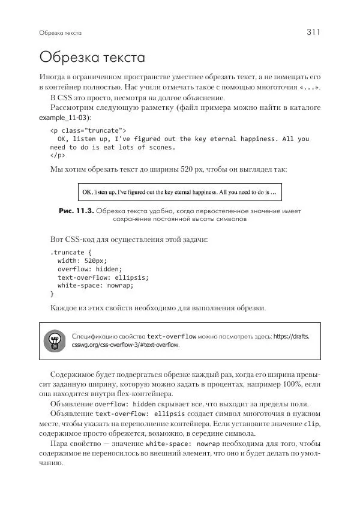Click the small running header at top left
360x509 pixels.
(x=60, y=33)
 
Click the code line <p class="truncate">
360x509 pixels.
(x=88, y=130)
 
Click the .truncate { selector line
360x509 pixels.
(x=70, y=253)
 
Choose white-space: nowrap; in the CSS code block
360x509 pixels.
(x=95, y=286)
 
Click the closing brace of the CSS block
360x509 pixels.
(x=52, y=294)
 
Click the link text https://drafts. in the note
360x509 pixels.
(x=292, y=336)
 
